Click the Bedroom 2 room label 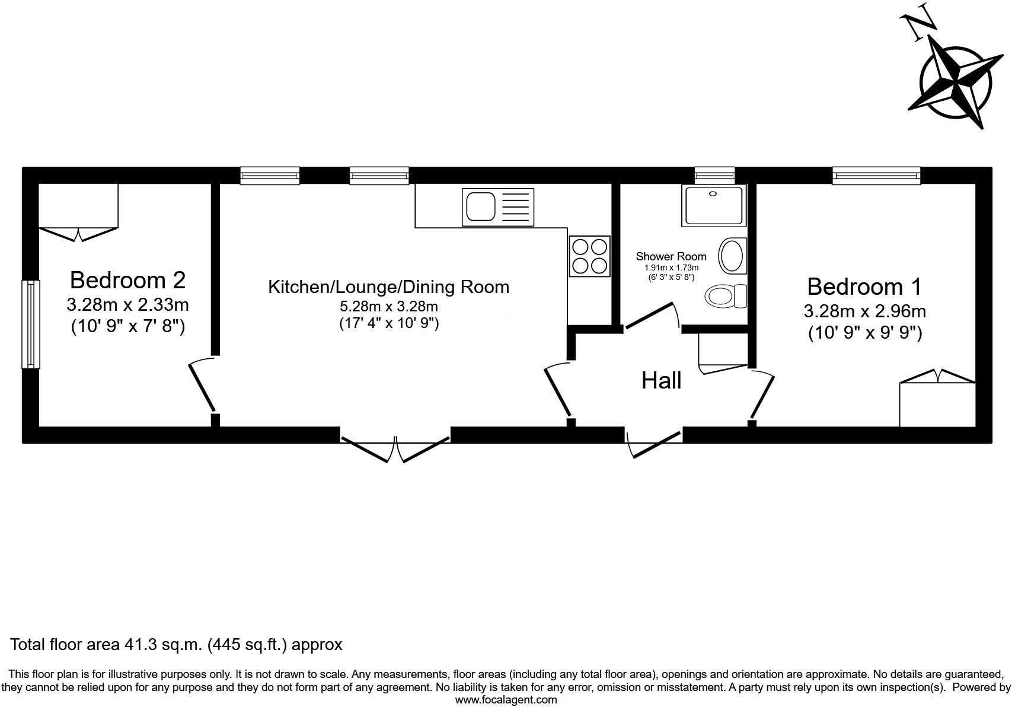(127, 280)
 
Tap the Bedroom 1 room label (864, 287)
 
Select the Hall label (661, 381)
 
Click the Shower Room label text (671, 257)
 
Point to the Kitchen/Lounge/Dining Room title (388, 287)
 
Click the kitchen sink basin (480, 207)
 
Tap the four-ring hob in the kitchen (589, 256)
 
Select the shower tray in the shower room (714, 205)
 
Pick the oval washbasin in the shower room (732, 256)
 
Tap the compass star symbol (956, 83)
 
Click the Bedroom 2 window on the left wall (31, 324)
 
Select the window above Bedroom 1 (876, 176)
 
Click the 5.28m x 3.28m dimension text (388, 307)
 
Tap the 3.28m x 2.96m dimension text (864, 311)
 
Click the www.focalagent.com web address (506, 700)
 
